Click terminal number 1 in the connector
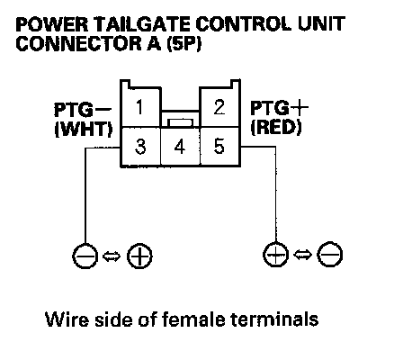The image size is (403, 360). point(139,107)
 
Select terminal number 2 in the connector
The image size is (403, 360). point(219,107)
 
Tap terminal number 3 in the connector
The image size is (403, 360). point(140,147)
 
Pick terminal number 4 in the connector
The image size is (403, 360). point(180,147)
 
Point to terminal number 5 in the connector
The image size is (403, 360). point(219,147)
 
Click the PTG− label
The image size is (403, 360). point(83,110)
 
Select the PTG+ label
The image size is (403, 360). point(279,108)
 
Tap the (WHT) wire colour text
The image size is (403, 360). point(84,130)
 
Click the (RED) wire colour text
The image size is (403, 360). point(276,128)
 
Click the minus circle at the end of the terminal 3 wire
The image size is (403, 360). point(85,256)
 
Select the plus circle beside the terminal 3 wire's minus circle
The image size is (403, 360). point(139,256)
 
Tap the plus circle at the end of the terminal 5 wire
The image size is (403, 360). point(275,255)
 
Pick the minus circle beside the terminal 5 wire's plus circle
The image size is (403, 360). point(330,255)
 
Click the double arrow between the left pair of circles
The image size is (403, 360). point(112,256)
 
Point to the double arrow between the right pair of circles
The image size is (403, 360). point(302,255)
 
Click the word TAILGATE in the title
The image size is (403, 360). point(144,24)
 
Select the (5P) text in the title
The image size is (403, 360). point(184,44)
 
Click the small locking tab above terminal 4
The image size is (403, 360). point(180,122)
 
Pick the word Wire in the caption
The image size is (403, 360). point(67,319)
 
